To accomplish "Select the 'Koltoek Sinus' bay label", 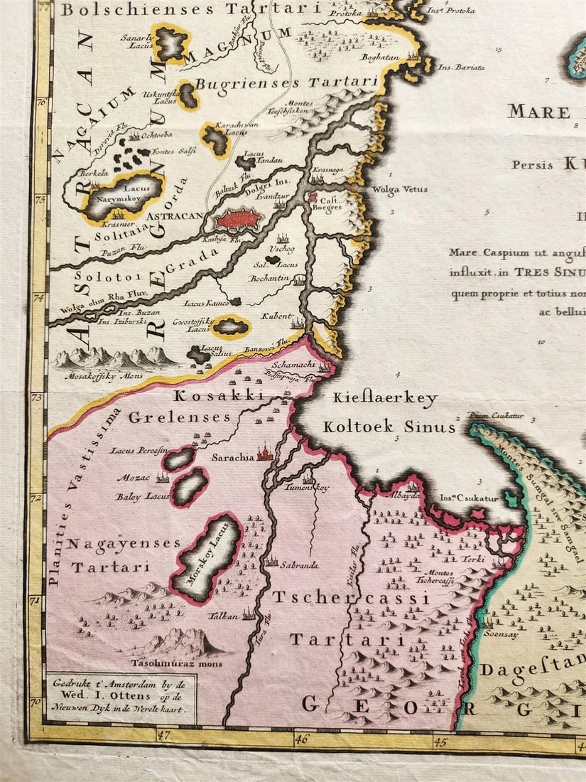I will click(389, 427).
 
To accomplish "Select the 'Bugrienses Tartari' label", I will click(286, 83).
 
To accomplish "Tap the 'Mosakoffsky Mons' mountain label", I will click(104, 375).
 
